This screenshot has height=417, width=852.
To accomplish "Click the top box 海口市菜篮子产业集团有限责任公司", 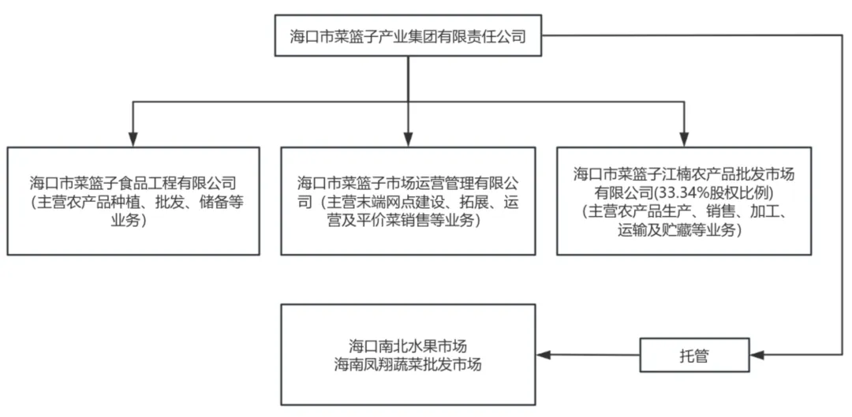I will [x=408, y=35].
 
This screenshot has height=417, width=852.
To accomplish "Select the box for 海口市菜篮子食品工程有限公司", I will [x=133, y=200].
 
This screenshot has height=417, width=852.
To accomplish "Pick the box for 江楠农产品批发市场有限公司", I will [x=683, y=200].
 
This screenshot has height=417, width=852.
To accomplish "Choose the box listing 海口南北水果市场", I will [x=408, y=355].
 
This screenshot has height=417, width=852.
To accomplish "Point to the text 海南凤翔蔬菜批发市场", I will [x=408, y=365].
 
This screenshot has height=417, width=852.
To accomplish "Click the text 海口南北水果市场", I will [x=408, y=345].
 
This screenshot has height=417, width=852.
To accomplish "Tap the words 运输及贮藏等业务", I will [x=683, y=229].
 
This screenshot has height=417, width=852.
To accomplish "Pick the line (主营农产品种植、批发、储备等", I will [x=133, y=201].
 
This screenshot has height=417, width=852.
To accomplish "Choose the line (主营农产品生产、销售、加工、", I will [x=683, y=210].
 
